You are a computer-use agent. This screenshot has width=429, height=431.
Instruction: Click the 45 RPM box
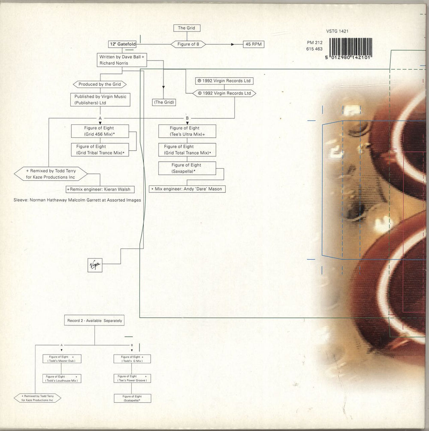click(253, 44)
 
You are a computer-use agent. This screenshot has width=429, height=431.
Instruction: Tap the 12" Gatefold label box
click(122, 44)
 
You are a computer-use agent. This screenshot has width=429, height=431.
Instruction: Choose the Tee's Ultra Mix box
click(187, 131)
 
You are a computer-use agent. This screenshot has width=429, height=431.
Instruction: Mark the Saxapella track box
click(186, 168)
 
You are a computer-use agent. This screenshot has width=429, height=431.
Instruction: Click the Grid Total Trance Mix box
click(188, 149)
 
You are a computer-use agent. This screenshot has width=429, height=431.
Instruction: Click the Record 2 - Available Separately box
click(95, 320)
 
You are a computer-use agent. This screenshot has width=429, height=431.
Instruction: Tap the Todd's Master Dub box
click(61, 359)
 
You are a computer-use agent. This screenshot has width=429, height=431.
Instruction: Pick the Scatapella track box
click(132, 398)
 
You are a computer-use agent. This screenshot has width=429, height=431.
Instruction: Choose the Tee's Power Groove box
click(132, 378)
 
